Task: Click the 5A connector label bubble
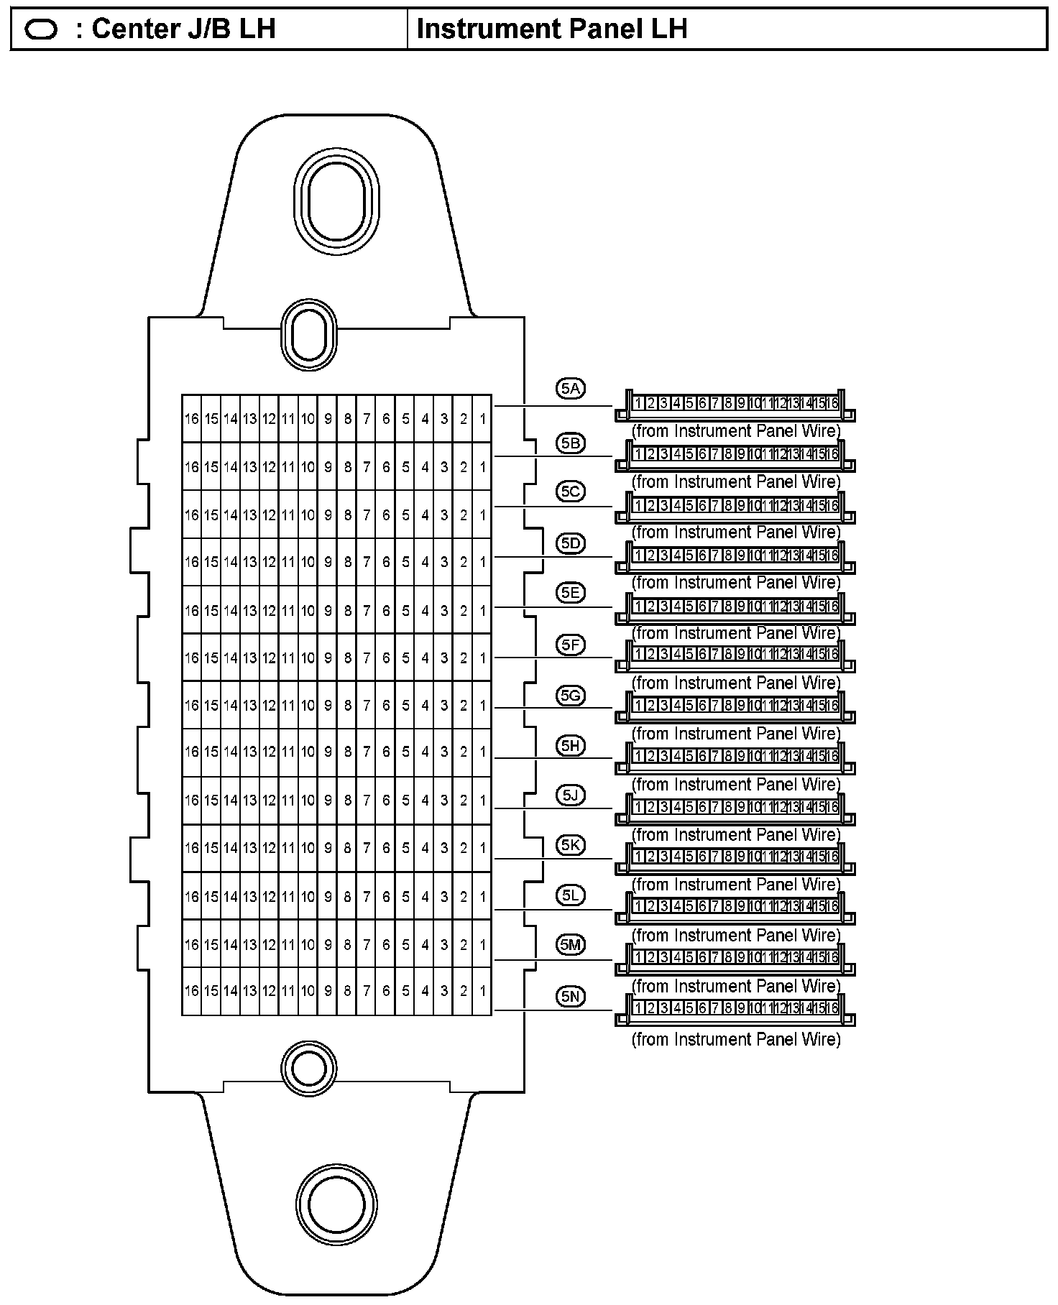click(571, 389)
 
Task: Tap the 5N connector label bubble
click(571, 996)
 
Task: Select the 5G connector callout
click(571, 696)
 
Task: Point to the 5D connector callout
click(571, 543)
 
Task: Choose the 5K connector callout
click(571, 845)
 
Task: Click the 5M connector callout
click(571, 945)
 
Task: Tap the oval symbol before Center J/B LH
click(41, 29)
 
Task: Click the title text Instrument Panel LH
click(552, 29)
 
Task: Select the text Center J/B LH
click(184, 29)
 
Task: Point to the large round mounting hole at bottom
click(336, 1204)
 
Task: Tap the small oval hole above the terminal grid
click(309, 334)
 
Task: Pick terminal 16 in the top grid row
click(191, 418)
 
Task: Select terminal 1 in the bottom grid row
click(482, 991)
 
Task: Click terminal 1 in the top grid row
click(482, 418)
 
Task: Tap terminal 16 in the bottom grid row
click(191, 991)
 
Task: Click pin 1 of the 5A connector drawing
click(638, 403)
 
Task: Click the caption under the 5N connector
click(735, 1039)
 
